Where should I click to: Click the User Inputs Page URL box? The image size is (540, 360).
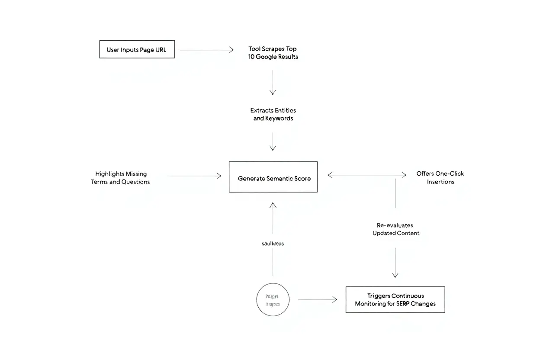coord(137,50)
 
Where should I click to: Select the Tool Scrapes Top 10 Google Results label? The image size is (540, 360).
coord(273,53)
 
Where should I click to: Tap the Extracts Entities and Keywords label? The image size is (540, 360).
coord(273,114)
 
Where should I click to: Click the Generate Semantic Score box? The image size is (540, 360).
coord(273,177)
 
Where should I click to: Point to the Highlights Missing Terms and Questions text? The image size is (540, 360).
coord(120,178)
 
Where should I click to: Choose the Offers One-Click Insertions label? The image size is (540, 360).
coord(440,178)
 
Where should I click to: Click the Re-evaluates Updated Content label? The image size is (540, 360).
coord(395,229)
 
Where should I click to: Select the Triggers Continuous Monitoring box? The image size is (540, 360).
coord(395,299)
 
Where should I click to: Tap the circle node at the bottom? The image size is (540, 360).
coord(273,299)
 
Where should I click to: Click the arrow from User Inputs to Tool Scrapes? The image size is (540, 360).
coord(206,50)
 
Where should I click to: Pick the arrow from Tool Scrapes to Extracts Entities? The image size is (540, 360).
coord(273,82)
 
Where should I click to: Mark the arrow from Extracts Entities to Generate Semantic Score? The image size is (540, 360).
coord(273,141)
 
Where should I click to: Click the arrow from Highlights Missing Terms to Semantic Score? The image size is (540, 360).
coord(194,176)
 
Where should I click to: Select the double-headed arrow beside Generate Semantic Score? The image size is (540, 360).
coord(367,175)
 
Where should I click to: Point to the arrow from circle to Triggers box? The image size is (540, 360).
coord(317,299)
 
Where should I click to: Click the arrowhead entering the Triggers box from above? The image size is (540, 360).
coord(395,274)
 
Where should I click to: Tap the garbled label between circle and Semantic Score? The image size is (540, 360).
coord(273,244)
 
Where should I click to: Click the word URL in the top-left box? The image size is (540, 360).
coord(161,50)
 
